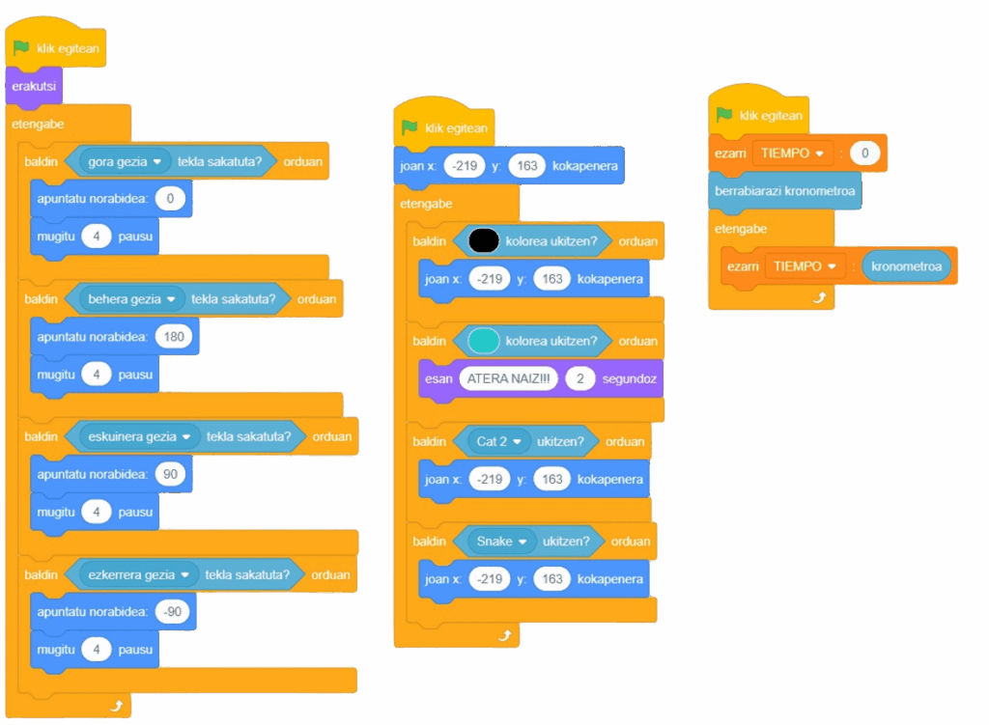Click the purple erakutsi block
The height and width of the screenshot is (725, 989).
33,86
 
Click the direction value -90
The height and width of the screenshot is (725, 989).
174,612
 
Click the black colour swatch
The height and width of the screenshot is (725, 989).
483,240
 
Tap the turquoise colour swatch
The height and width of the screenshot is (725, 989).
483,340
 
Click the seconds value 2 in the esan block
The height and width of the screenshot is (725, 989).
579,378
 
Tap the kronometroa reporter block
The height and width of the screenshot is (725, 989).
907,265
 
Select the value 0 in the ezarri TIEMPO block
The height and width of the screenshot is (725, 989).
865,153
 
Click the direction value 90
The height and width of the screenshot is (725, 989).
170,474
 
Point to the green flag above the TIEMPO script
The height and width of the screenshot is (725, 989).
724,115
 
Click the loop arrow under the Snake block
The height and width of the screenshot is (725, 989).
505,634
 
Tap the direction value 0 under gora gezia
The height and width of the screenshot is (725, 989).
170,199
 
